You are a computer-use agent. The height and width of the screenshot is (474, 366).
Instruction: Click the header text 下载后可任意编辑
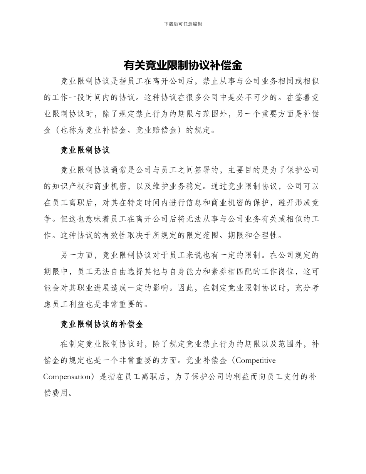pyautogui.click(x=183, y=24)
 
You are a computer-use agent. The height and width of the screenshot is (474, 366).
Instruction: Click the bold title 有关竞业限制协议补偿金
pyautogui.click(x=183, y=65)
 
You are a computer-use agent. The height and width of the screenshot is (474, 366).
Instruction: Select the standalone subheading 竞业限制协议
pyautogui.click(x=85, y=150)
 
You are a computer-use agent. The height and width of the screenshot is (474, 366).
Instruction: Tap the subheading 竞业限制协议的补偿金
pyautogui.click(x=102, y=324)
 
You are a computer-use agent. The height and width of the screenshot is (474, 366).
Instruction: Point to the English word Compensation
pyautogui.click(x=66, y=377)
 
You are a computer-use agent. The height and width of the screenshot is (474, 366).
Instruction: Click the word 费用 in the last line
pyautogui.click(x=60, y=393)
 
